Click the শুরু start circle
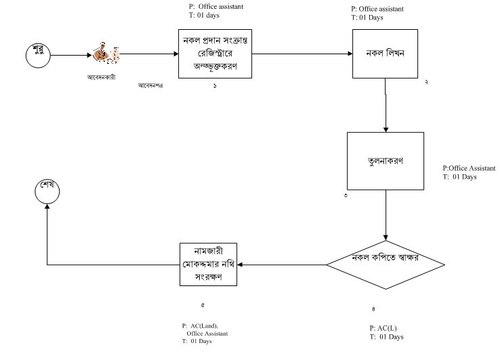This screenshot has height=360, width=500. click(39, 54)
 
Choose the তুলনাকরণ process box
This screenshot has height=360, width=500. click(386, 161)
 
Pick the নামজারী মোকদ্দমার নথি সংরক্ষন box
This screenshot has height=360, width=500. click(209, 264)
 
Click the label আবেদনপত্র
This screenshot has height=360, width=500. click(153, 85)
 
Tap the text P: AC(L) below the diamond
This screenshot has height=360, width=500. click(383, 328)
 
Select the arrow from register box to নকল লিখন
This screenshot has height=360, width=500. click(301, 54)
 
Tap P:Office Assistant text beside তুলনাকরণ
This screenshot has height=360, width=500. click(469, 168)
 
